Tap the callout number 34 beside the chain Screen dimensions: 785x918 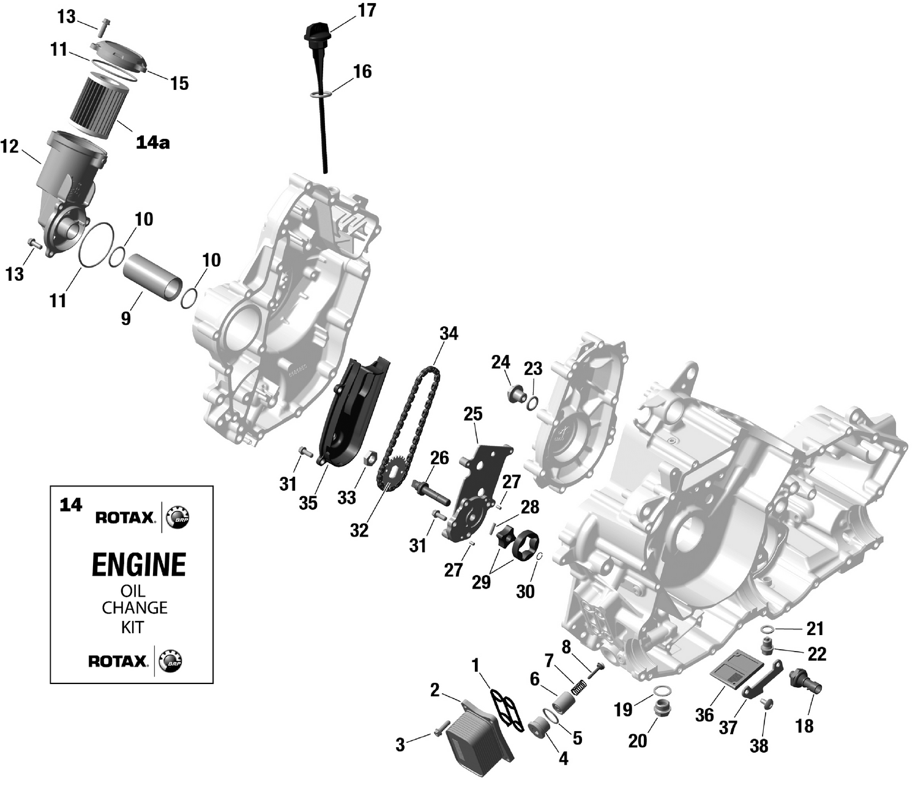tap(449, 333)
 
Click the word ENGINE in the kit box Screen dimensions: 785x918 tap(138, 564)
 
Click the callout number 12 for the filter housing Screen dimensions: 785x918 tap(10, 147)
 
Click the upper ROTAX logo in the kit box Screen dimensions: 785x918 tap(125, 518)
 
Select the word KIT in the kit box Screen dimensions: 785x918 tap(132, 627)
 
